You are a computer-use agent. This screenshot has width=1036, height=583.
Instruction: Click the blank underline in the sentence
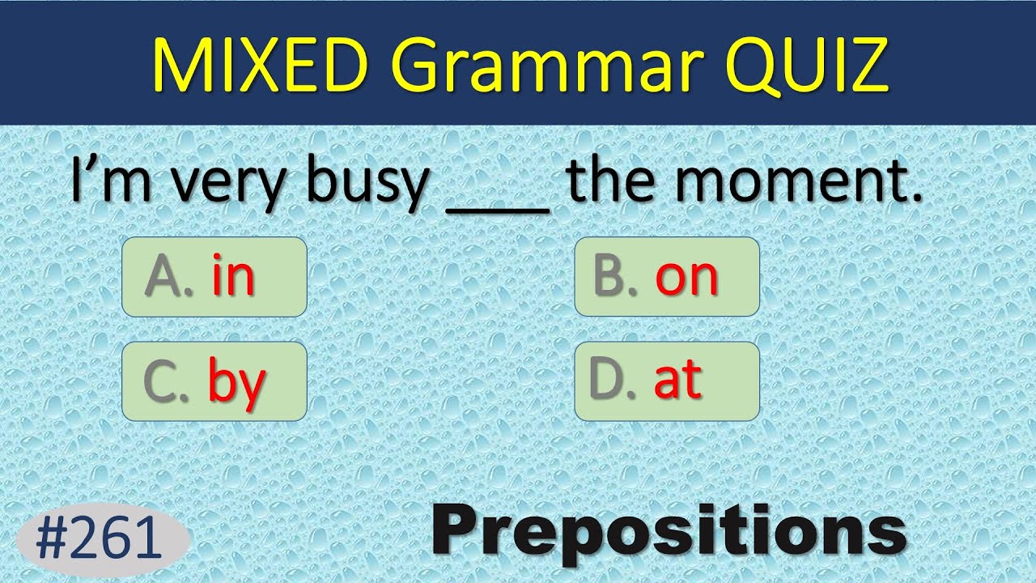(498, 209)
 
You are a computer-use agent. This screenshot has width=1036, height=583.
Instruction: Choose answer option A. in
(214, 276)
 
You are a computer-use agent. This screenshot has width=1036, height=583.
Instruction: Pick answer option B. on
(667, 276)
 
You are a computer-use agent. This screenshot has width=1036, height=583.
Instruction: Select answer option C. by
(214, 381)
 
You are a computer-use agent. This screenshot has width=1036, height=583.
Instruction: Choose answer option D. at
(667, 381)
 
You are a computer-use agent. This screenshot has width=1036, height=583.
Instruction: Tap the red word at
(677, 381)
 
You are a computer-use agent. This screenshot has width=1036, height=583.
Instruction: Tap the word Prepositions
(668, 531)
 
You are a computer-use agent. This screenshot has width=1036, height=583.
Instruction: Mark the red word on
(687, 278)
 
